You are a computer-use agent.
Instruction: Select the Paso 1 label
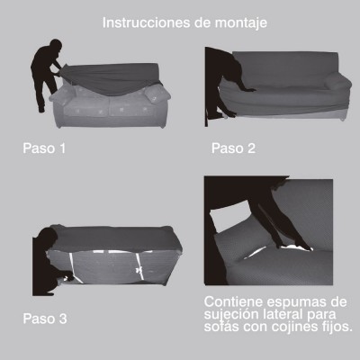(x=44, y=148)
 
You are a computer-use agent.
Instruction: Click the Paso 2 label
(x=233, y=148)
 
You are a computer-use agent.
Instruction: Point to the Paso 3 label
(x=45, y=319)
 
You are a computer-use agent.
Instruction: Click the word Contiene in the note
(x=233, y=301)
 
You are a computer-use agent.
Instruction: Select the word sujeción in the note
(x=231, y=314)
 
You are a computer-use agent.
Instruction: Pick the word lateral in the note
(x=283, y=314)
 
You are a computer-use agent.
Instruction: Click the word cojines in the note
(x=294, y=327)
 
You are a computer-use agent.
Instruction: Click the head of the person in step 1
(x=56, y=46)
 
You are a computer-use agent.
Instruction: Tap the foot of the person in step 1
(x=41, y=110)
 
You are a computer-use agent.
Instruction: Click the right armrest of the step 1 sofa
(x=157, y=94)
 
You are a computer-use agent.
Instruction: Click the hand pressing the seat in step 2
(x=249, y=89)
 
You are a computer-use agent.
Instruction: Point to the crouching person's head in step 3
(x=49, y=237)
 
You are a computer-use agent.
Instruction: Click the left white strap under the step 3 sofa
(x=76, y=268)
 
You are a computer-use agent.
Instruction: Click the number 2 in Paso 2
(x=251, y=148)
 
